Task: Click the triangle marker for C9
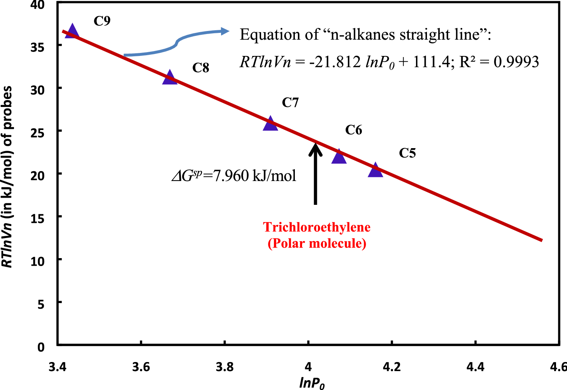coord(72,32)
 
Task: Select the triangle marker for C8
coord(170,78)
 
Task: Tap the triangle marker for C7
coord(270,124)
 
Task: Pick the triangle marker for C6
coord(339,157)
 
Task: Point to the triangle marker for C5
coord(375,171)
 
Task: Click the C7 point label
coord(290,102)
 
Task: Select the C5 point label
coord(407,153)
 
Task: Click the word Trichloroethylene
coord(317,227)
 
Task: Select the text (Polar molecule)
coord(317,243)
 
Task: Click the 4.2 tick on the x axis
coord(392,367)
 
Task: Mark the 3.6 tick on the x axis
coord(141,367)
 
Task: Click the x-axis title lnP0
coord(312,383)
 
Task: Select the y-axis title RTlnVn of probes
coord(8,177)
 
